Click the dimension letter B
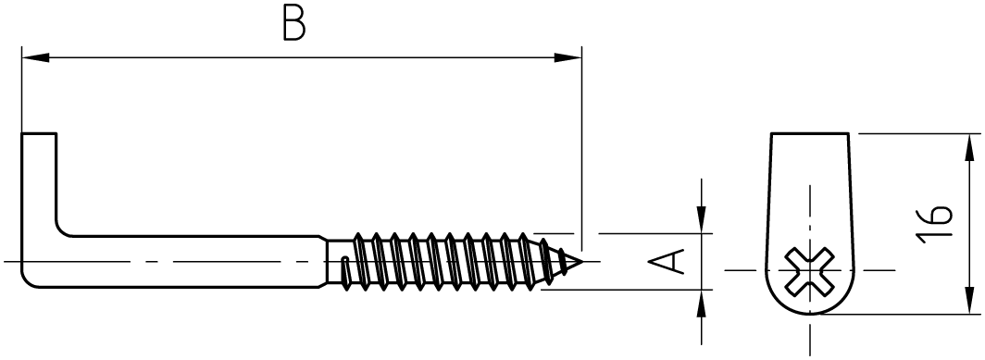click(294, 25)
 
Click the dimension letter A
click(666, 261)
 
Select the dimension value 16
click(934, 223)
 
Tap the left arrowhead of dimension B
click(35, 57)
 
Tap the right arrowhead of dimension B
click(567, 57)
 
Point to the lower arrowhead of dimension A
click(701, 304)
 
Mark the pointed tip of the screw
click(582, 261)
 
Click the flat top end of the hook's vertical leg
click(39, 133)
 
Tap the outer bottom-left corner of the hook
click(28, 282)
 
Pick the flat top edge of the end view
click(810, 133)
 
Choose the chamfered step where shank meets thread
click(323, 262)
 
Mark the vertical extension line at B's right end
click(581, 148)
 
